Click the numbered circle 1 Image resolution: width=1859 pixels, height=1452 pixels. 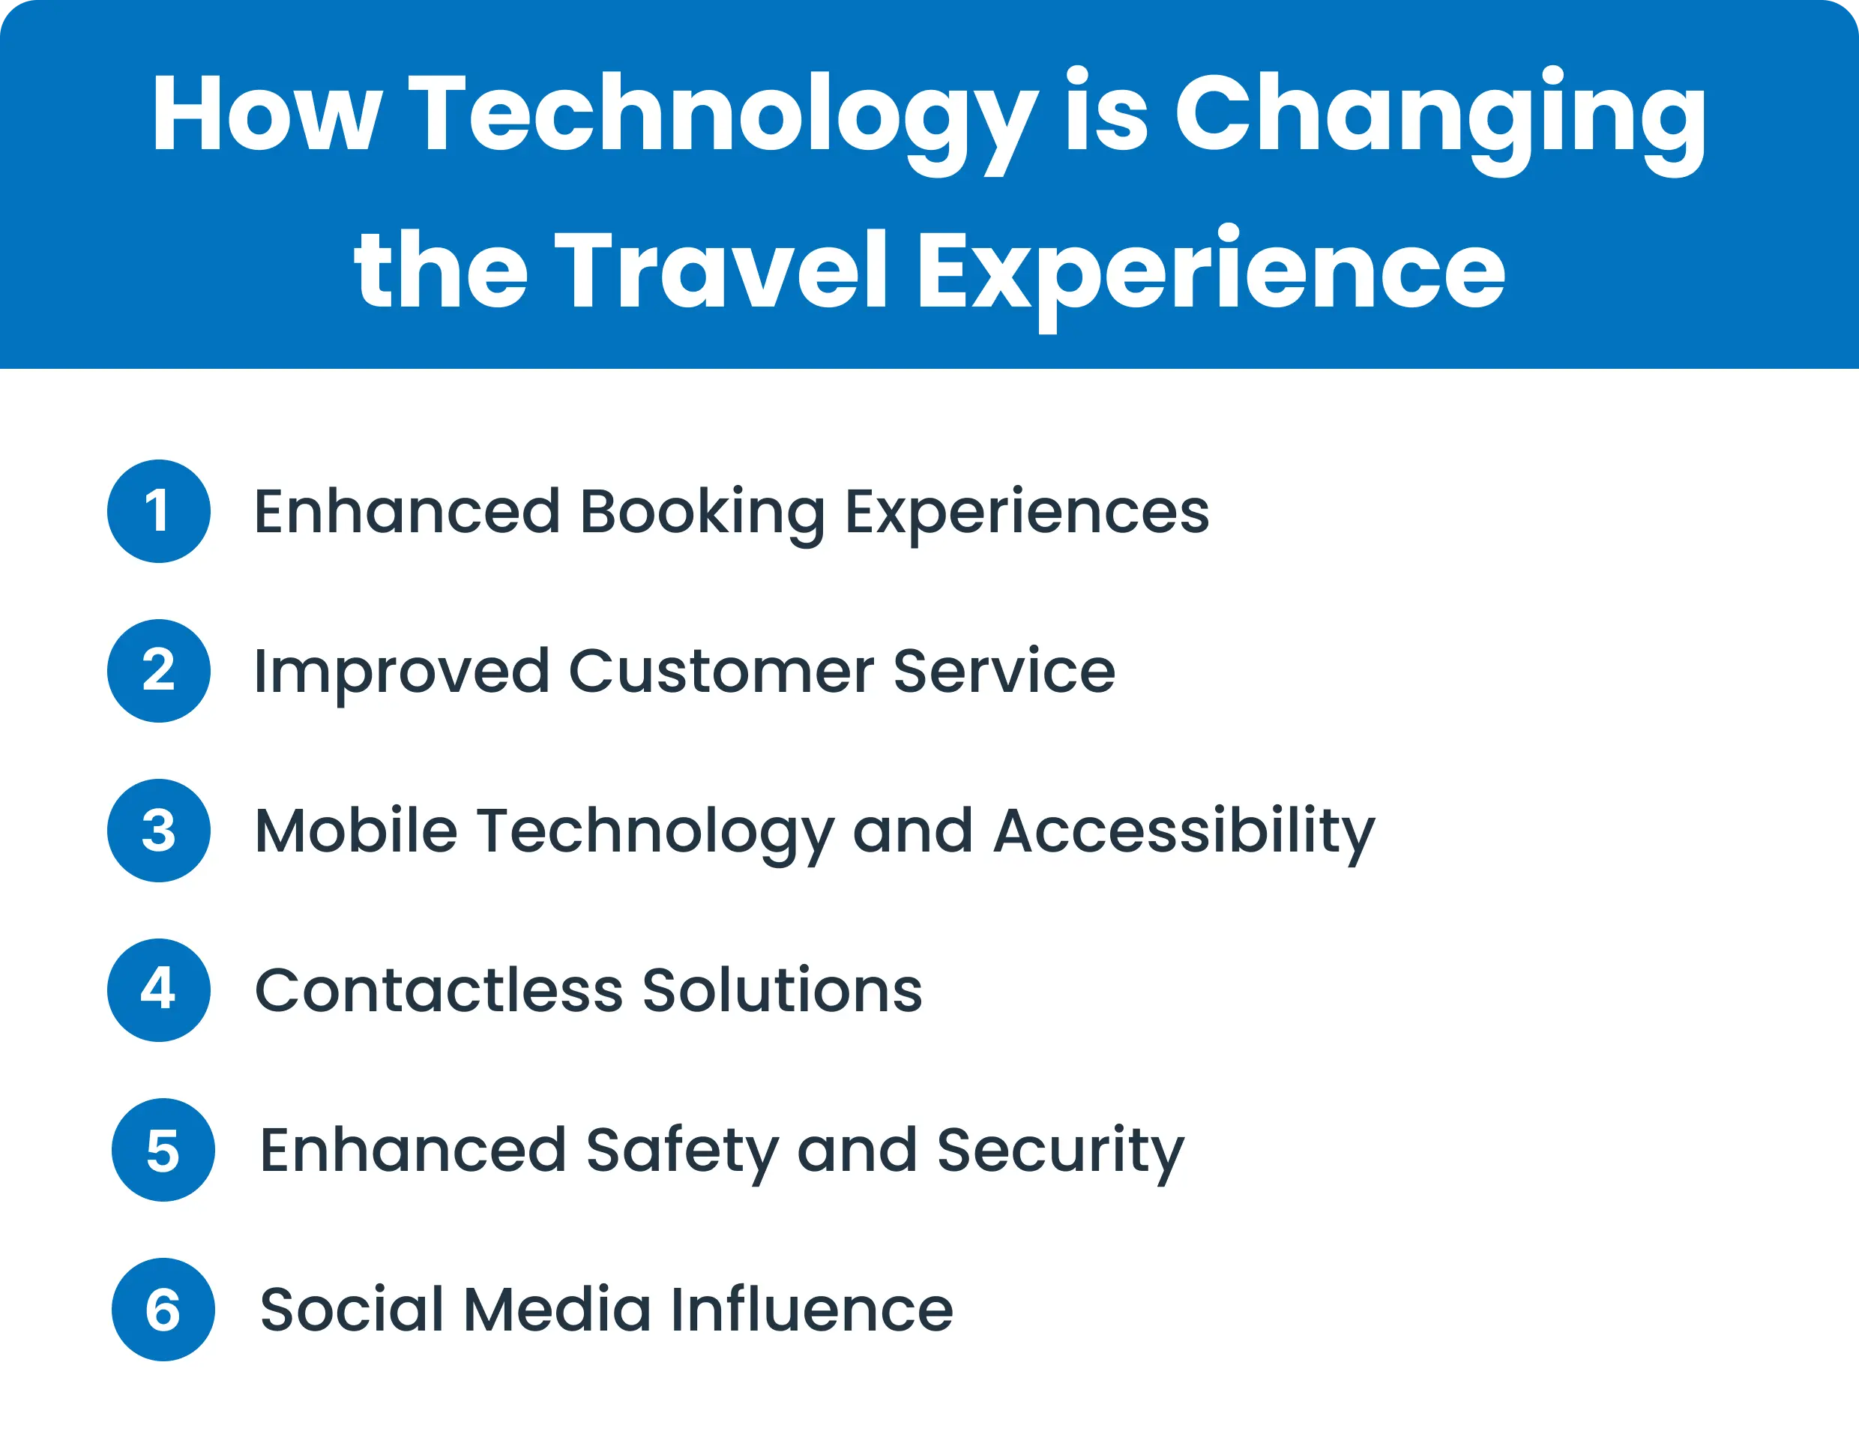click(x=158, y=511)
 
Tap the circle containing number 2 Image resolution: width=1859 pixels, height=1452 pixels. click(x=158, y=671)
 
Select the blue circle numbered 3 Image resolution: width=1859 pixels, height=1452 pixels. click(x=158, y=831)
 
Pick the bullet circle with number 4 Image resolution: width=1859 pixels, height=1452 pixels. click(x=158, y=989)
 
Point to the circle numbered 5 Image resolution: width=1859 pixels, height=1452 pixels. click(x=163, y=1150)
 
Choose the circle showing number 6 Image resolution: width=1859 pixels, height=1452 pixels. click(x=163, y=1309)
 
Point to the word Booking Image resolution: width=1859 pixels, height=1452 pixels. click(x=702, y=513)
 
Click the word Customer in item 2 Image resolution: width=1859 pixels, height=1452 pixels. click(x=721, y=672)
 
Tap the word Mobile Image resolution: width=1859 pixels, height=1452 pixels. click(x=356, y=831)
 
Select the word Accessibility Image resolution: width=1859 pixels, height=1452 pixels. click(x=1184, y=832)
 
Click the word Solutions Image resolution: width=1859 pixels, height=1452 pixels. click(x=781, y=991)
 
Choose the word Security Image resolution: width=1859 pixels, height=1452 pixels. click(x=1060, y=1151)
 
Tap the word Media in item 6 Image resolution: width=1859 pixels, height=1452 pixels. click(x=557, y=1310)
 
